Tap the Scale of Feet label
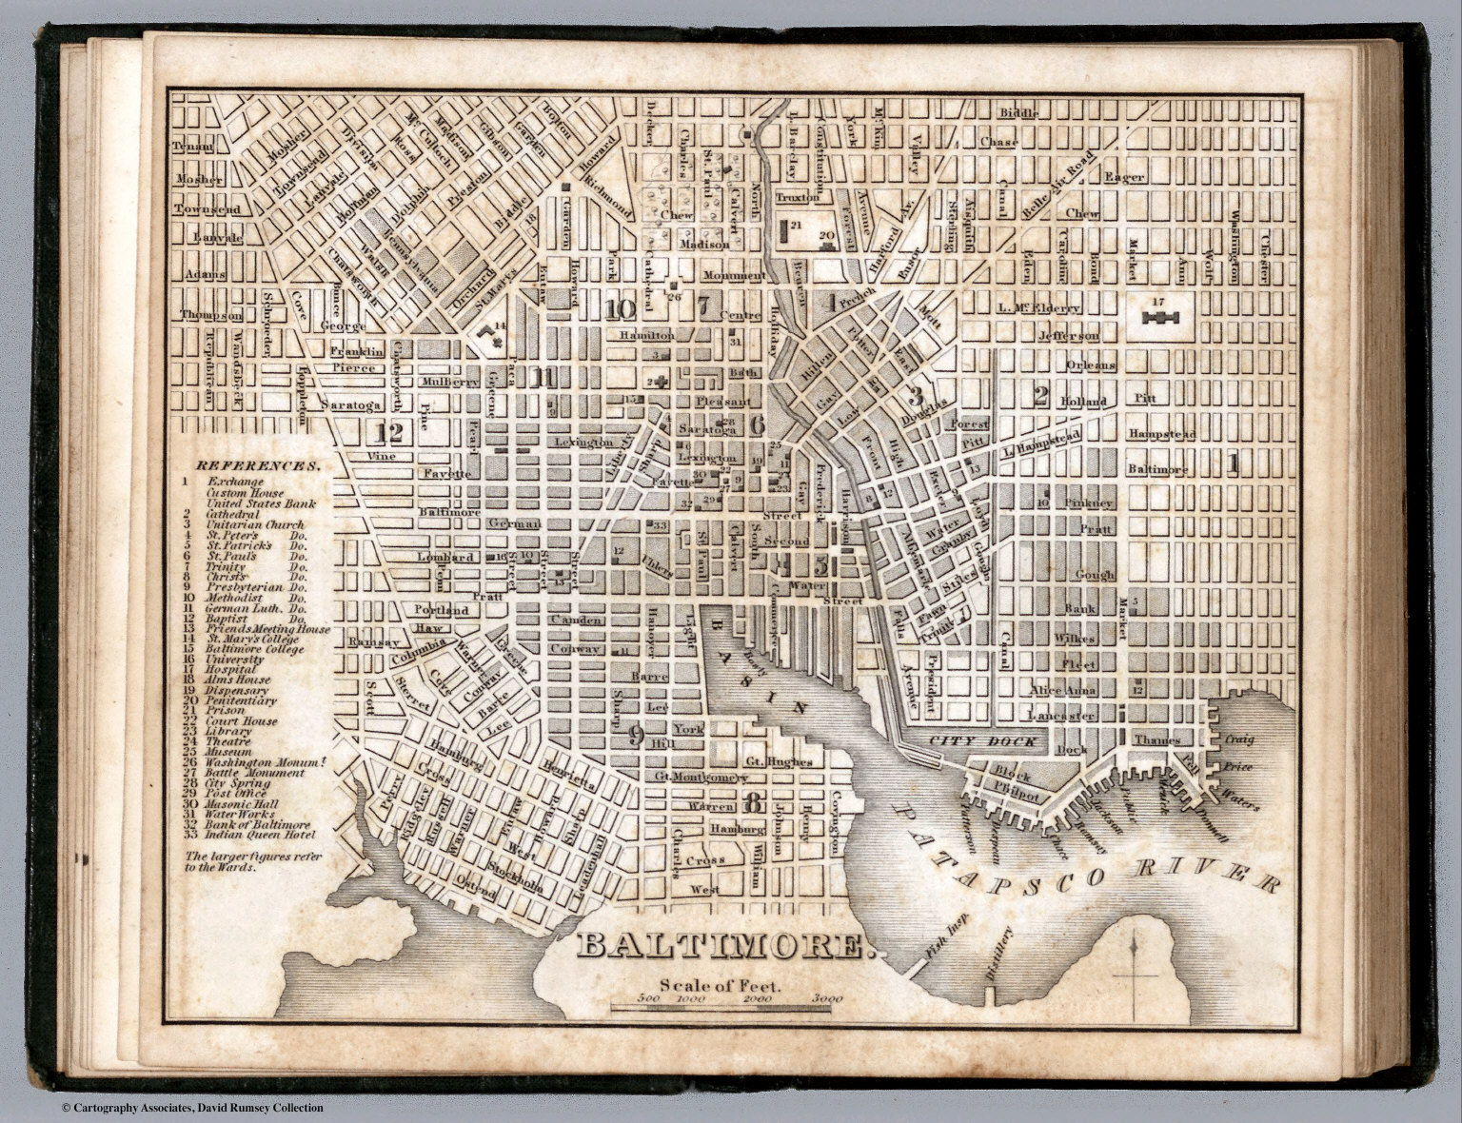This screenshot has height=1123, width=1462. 719,985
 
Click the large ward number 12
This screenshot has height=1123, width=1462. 388,432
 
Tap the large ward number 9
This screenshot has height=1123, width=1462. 635,733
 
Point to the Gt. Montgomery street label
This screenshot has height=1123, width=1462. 697,778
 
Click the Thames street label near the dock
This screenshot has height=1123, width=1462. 1156,740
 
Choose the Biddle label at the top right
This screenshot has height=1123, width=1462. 1018,113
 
